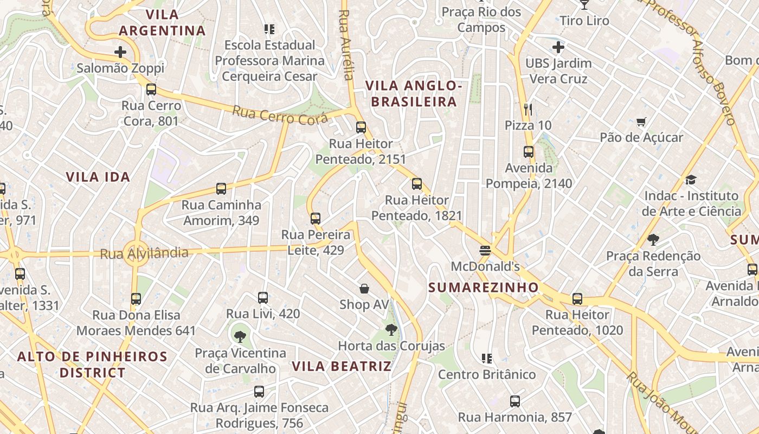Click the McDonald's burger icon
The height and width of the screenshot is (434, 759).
coord(485,250)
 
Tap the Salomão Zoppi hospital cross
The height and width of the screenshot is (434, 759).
coord(120,52)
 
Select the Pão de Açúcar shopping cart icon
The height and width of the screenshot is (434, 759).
coord(641,122)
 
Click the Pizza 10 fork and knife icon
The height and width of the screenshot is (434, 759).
coord(529,110)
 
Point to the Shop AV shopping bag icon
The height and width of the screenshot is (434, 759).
coord(364,289)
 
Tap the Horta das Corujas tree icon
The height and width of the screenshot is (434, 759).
coord(391,329)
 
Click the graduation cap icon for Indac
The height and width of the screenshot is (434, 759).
coord(691,180)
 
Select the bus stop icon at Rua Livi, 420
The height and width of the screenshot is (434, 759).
coord(263,297)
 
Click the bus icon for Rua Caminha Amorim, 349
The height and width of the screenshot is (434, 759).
coord(221,189)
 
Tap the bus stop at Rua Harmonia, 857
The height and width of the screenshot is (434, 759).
coord(514,401)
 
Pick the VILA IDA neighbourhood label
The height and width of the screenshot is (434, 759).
coord(98,177)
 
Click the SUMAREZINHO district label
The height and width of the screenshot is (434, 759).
coord(484,288)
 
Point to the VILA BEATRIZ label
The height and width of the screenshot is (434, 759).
coord(342,366)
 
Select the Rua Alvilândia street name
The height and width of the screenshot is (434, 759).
coord(144,253)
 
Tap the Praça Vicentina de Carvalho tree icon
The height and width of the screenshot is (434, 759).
coord(240,336)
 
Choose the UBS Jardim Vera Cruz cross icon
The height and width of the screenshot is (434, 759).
coord(558,47)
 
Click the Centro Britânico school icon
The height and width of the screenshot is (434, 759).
coord(487,358)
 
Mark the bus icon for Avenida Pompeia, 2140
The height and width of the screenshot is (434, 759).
coord(529,152)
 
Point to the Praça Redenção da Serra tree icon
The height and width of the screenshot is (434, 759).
coord(653,240)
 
